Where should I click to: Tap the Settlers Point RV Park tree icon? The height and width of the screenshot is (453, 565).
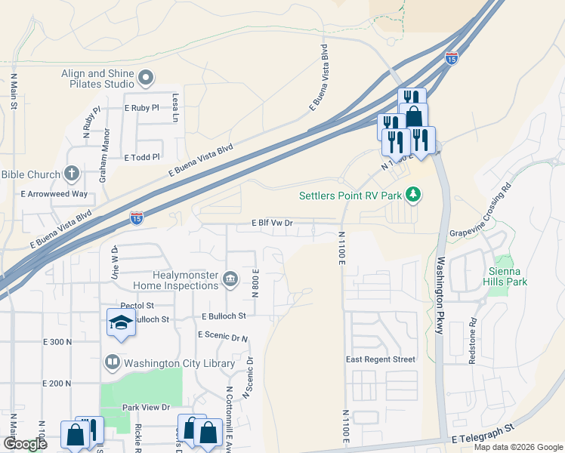point(412,196)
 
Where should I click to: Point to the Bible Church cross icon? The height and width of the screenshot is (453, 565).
point(72,174)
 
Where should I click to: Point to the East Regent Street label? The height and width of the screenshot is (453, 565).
point(381,359)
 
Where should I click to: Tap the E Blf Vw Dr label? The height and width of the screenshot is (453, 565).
point(272,223)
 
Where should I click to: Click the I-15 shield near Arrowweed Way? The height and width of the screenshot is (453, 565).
point(136,217)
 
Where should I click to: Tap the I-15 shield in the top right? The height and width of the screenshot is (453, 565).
point(451,57)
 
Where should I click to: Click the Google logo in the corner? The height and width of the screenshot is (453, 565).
point(25,445)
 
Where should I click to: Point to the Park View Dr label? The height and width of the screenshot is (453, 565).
point(146,408)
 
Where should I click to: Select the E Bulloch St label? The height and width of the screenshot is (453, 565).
point(224,316)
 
